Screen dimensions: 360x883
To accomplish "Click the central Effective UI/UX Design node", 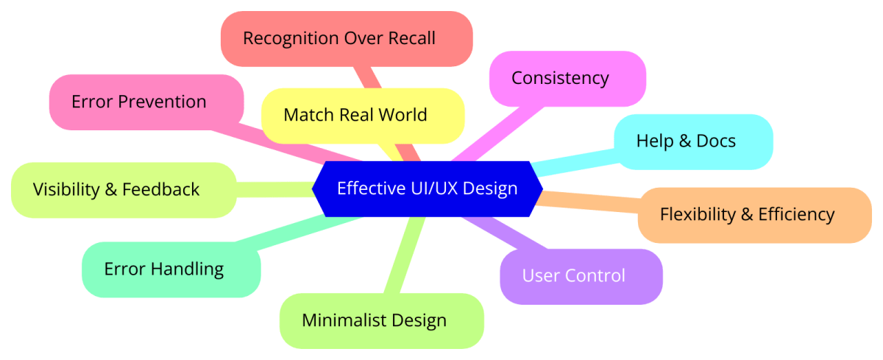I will pos(427,188).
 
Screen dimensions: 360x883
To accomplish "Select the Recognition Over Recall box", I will pos(346,38).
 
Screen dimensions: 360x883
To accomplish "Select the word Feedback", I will pos(162,189).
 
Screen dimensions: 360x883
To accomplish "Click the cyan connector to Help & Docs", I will pos(574,160).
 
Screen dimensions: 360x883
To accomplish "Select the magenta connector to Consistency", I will pos(500,132).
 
